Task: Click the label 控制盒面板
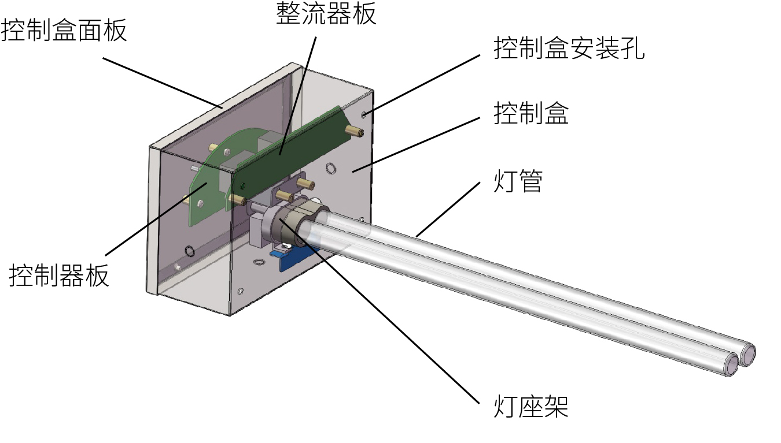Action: point(64,30)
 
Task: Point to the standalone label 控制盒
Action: point(531,113)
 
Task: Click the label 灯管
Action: point(518,181)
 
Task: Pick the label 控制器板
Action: point(59,276)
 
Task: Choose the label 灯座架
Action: point(531,406)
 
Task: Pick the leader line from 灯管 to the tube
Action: point(448,209)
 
